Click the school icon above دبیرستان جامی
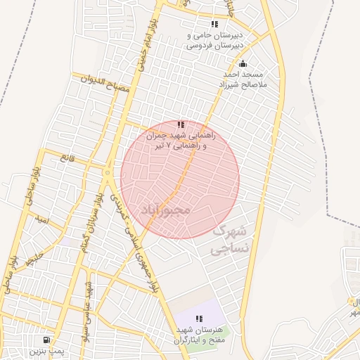pos(214,24)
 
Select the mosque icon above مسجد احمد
pos(243,64)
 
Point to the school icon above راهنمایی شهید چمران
pos(181,124)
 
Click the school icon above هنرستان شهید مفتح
pos(199,319)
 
